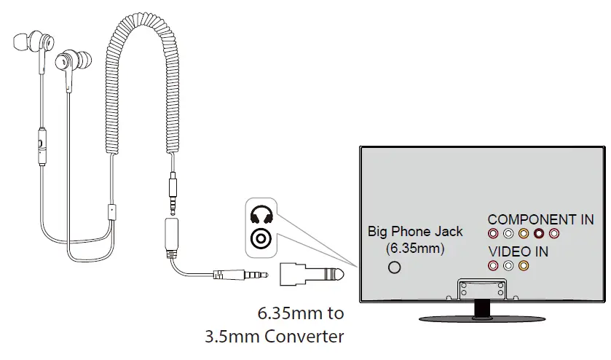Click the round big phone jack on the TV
click(395, 267)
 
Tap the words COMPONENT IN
click(540, 219)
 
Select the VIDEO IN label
click(519, 251)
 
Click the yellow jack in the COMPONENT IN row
click(524, 234)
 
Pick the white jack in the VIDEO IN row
click(508, 266)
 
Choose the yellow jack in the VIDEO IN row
click(524, 266)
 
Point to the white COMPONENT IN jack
click(508, 234)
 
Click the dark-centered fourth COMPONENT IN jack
click(539, 234)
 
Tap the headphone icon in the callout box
click(261, 215)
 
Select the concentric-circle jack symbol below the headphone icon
click(261, 238)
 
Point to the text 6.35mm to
click(301, 315)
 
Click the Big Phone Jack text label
click(415, 232)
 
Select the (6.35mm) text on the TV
click(415, 248)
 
